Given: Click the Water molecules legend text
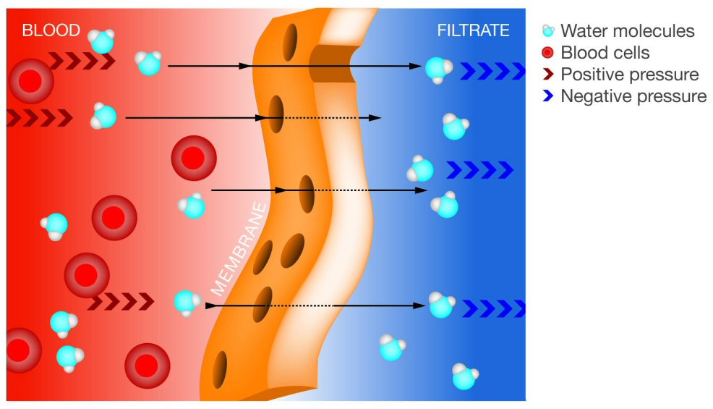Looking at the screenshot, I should click(x=627, y=31).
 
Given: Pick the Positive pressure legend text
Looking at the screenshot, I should click(x=629, y=75).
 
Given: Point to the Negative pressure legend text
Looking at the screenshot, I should click(x=633, y=96).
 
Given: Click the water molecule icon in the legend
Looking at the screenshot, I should click(x=548, y=31).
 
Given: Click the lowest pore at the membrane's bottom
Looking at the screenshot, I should click(x=219, y=360).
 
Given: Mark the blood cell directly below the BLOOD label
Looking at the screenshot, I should click(x=30, y=80).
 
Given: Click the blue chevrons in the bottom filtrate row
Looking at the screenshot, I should click(x=492, y=308).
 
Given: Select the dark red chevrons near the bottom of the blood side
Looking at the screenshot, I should click(x=121, y=301).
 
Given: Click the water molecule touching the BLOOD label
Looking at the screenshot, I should click(x=101, y=41).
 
